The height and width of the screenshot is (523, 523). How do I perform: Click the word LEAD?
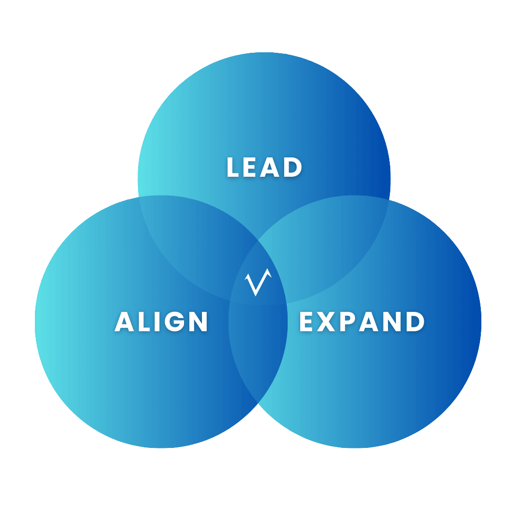click(264, 167)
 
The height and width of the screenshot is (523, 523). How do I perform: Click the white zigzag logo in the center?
click(258, 282)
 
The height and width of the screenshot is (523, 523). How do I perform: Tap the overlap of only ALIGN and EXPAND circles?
click(258, 354)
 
